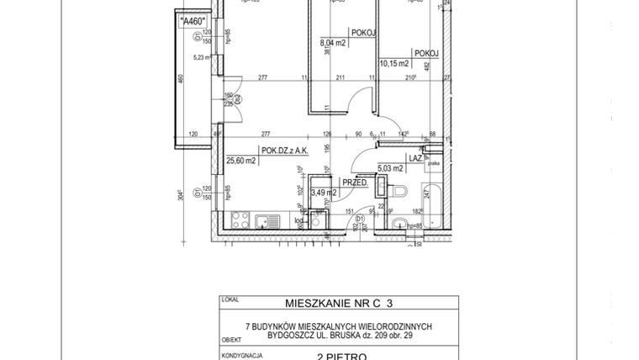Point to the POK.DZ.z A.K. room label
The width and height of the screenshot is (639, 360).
point(285,151)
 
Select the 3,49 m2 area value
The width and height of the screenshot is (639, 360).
point(324,193)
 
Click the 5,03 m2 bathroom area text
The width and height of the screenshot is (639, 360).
point(392,167)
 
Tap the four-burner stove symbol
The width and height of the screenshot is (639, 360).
point(240,221)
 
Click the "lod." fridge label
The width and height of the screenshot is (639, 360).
point(298,220)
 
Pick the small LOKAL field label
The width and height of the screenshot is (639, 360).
point(228,299)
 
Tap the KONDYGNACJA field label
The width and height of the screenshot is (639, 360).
point(239,354)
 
